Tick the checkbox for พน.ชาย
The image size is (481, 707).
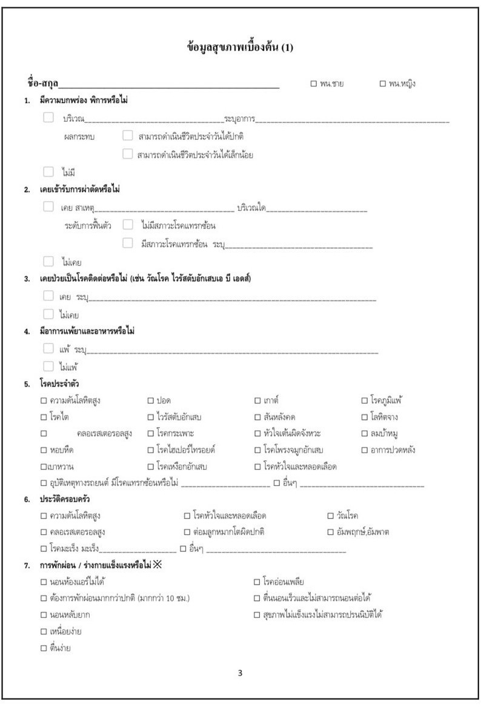coord(314,84)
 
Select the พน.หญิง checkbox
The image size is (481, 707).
coord(382,84)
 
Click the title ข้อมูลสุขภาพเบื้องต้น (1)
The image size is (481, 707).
coord(240,48)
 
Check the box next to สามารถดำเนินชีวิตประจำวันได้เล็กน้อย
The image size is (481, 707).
coord(127,154)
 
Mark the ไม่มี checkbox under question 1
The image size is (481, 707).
coord(48,171)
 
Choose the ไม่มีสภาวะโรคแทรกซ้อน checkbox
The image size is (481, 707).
coord(127,225)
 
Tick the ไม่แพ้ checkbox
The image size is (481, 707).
coord(48,366)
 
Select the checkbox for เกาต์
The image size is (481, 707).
coord(257,400)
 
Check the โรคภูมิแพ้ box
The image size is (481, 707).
coord(365,400)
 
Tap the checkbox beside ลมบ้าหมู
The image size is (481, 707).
coord(365,433)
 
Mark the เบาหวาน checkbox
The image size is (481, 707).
coord(43,466)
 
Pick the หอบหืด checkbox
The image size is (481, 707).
coord(43,450)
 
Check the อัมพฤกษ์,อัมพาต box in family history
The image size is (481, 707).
coord(331,532)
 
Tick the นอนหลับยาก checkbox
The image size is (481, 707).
coord(43,615)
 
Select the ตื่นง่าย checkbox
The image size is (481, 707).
coord(43,648)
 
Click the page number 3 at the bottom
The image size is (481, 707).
coord(240,672)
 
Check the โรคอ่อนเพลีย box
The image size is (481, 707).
coord(257,582)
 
